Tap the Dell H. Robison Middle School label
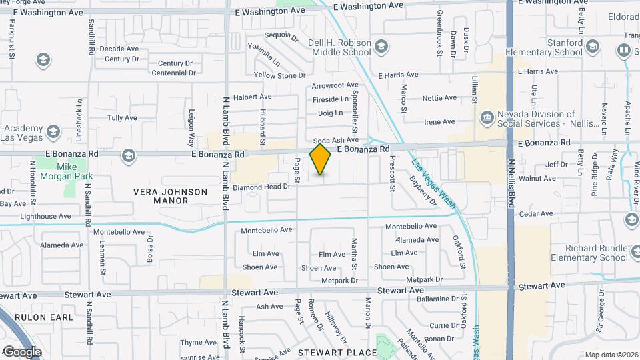(x=339, y=47)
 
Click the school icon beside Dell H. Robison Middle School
(x=381, y=46)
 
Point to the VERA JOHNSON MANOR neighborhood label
(x=171, y=196)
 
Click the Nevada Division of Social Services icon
(x=487, y=118)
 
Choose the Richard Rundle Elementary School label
(x=589, y=253)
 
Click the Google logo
(x=21, y=351)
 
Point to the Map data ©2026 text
(x=611, y=355)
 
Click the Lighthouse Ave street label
(x=45, y=216)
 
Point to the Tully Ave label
(x=122, y=118)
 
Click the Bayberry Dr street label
(x=423, y=191)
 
